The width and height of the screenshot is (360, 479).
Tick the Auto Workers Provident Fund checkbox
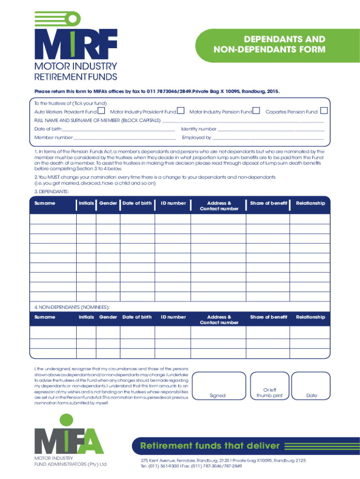(x=101, y=111)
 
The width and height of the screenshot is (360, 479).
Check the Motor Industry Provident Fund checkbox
(x=180, y=111)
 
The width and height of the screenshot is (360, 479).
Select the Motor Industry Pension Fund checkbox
(x=256, y=111)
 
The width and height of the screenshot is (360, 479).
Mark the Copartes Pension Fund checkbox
(x=324, y=111)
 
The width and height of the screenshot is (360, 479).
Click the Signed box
(x=217, y=386)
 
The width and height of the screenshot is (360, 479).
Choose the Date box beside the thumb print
(x=311, y=386)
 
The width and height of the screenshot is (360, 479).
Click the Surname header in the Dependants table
(x=44, y=203)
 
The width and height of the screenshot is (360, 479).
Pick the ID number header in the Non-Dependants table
(x=173, y=317)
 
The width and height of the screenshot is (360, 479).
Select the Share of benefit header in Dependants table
(x=268, y=203)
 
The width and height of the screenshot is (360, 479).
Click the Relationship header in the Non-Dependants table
(x=310, y=317)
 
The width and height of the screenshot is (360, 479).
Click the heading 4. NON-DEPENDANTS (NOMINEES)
(x=72, y=307)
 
